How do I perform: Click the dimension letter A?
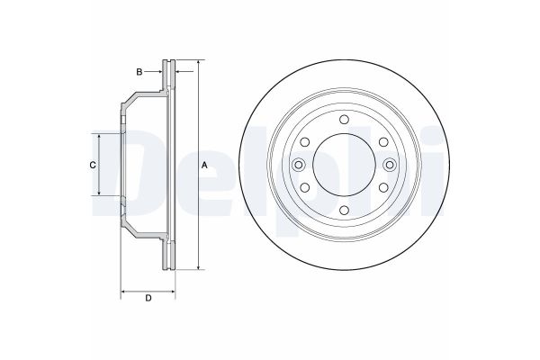(x=204, y=165)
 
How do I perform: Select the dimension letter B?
(x=139, y=70)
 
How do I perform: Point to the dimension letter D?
(x=148, y=300)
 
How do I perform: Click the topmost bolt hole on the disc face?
(x=343, y=120)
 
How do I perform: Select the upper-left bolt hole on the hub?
(x=305, y=141)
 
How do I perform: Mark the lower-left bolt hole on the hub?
(x=305, y=186)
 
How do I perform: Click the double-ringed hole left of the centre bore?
(x=298, y=164)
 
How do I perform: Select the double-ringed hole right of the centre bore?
(x=388, y=164)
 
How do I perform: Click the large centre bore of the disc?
(x=343, y=164)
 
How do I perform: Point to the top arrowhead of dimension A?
(x=197, y=65)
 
